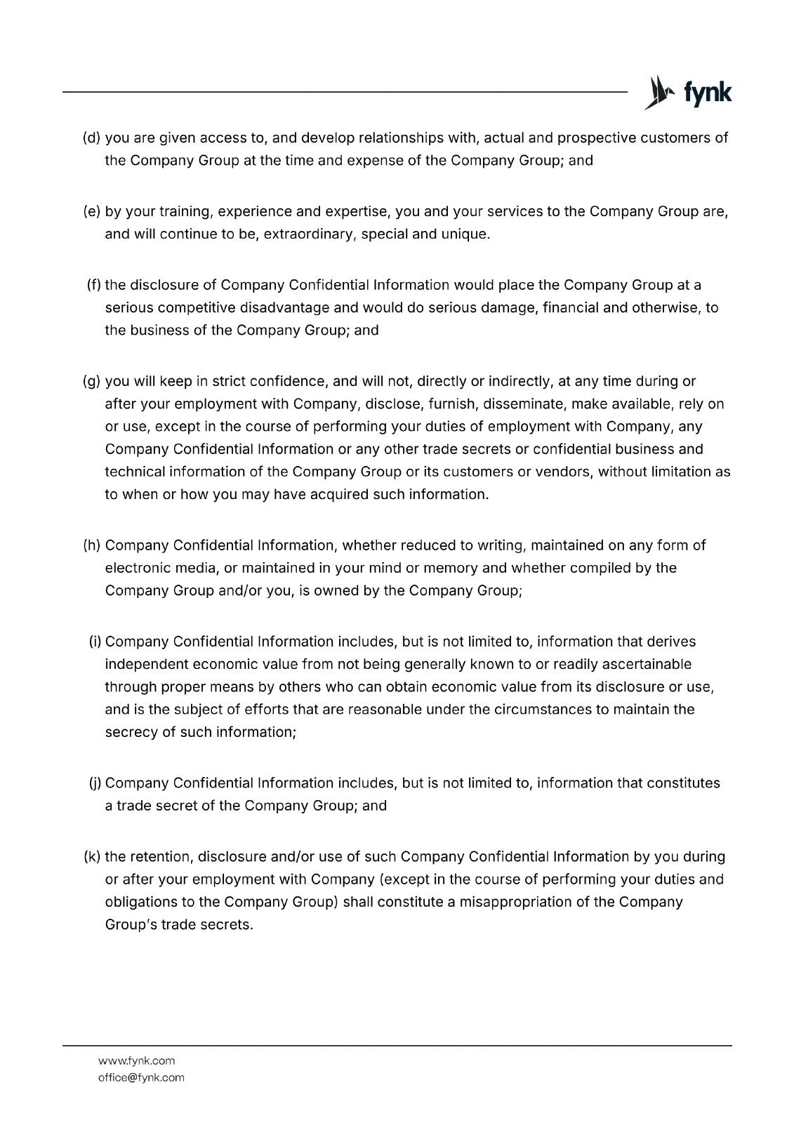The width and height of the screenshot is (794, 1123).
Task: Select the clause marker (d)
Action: click(92, 138)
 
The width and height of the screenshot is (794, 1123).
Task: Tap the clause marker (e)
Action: click(92, 211)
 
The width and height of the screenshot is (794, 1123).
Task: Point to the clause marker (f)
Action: click(94, 285)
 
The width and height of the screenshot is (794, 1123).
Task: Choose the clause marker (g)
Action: click(92, 381)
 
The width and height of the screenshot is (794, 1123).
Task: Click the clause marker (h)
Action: click(92, 545)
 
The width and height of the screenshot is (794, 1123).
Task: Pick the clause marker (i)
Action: click(95, 642)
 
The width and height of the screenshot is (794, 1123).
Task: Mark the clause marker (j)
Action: click(95, 783)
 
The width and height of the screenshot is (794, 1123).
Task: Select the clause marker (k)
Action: click(92, 856)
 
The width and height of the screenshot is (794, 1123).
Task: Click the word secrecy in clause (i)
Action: click(131, 731)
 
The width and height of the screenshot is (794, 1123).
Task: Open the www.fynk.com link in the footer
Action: click(136, 1061)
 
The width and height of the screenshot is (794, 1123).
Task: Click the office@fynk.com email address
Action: click(141, 1077)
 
